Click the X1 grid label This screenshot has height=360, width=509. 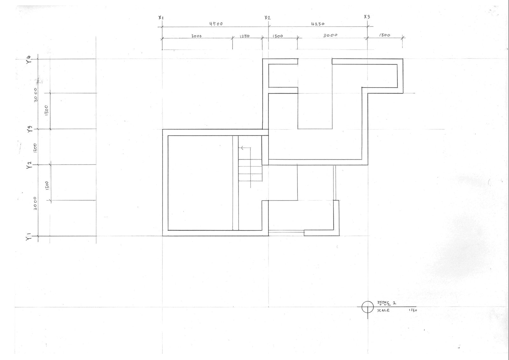[161, 18]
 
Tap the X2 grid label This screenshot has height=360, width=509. [267, 18]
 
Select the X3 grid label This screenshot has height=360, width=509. [367, 17]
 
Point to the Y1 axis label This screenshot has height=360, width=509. [29, 237]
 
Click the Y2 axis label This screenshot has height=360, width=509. [29, 166]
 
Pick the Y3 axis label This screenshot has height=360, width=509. [29, 130]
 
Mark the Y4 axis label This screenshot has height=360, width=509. [29, 60]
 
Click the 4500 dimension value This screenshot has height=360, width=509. [216, 24]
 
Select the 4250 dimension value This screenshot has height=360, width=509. [317, 24]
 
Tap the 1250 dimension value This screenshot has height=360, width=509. [244, 36]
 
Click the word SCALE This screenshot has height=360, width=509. [383, 310]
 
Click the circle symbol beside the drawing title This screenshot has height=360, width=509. [367, 307]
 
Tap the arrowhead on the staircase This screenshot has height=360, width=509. [242, 148]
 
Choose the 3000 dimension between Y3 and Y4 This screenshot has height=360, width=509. [36, 95]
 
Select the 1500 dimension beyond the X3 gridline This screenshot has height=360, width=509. [385, 35]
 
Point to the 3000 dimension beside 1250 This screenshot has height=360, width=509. [196, 36]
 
